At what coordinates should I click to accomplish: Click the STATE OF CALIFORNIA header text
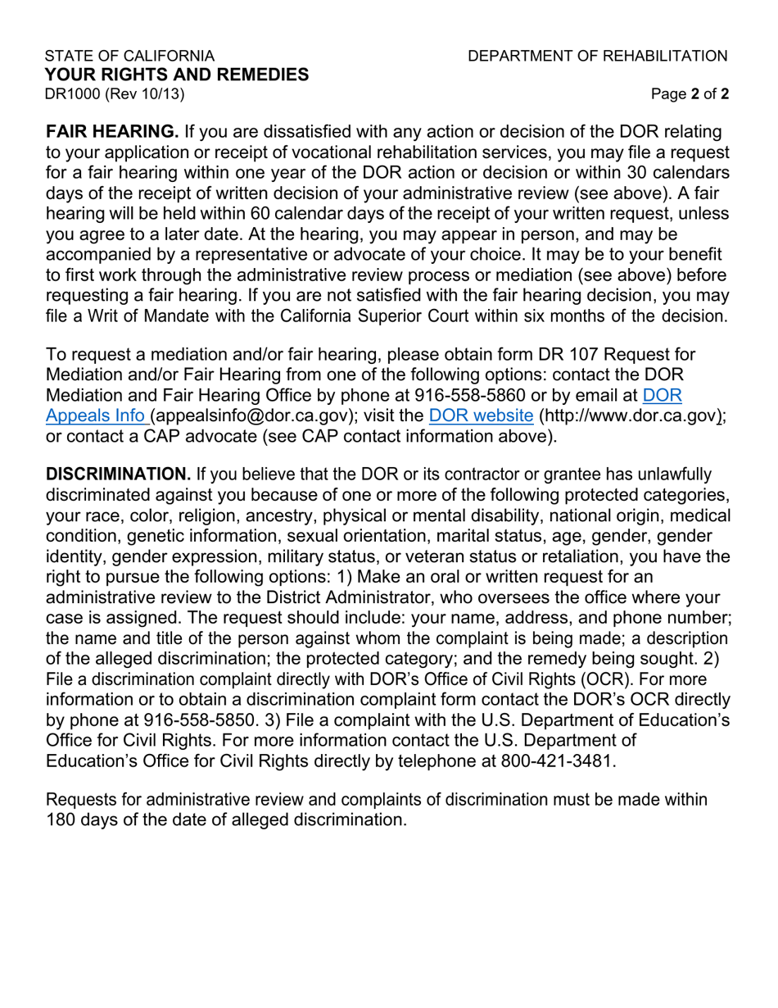point(129,56)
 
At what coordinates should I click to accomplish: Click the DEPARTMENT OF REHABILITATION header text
point(597,56)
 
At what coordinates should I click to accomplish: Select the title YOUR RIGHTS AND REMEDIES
point(177,75)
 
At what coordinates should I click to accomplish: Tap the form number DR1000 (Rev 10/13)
point(115,93)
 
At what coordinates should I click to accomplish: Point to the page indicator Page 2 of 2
point(690,94)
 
